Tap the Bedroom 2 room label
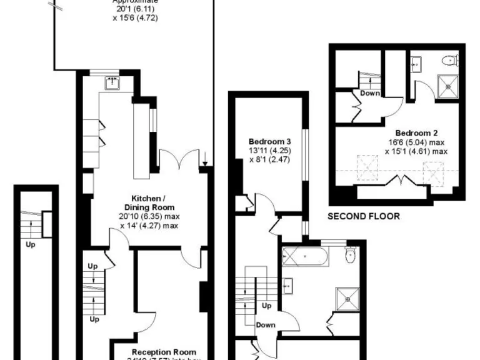pos(416,132)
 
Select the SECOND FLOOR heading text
pos(364,217)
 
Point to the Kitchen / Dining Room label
pos(148,202)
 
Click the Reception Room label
pos(164,352)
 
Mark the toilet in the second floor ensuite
pos(448,61)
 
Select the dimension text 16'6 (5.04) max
pos(416,142)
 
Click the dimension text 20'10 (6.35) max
pos(148,216)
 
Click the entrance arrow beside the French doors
pos(205,157)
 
